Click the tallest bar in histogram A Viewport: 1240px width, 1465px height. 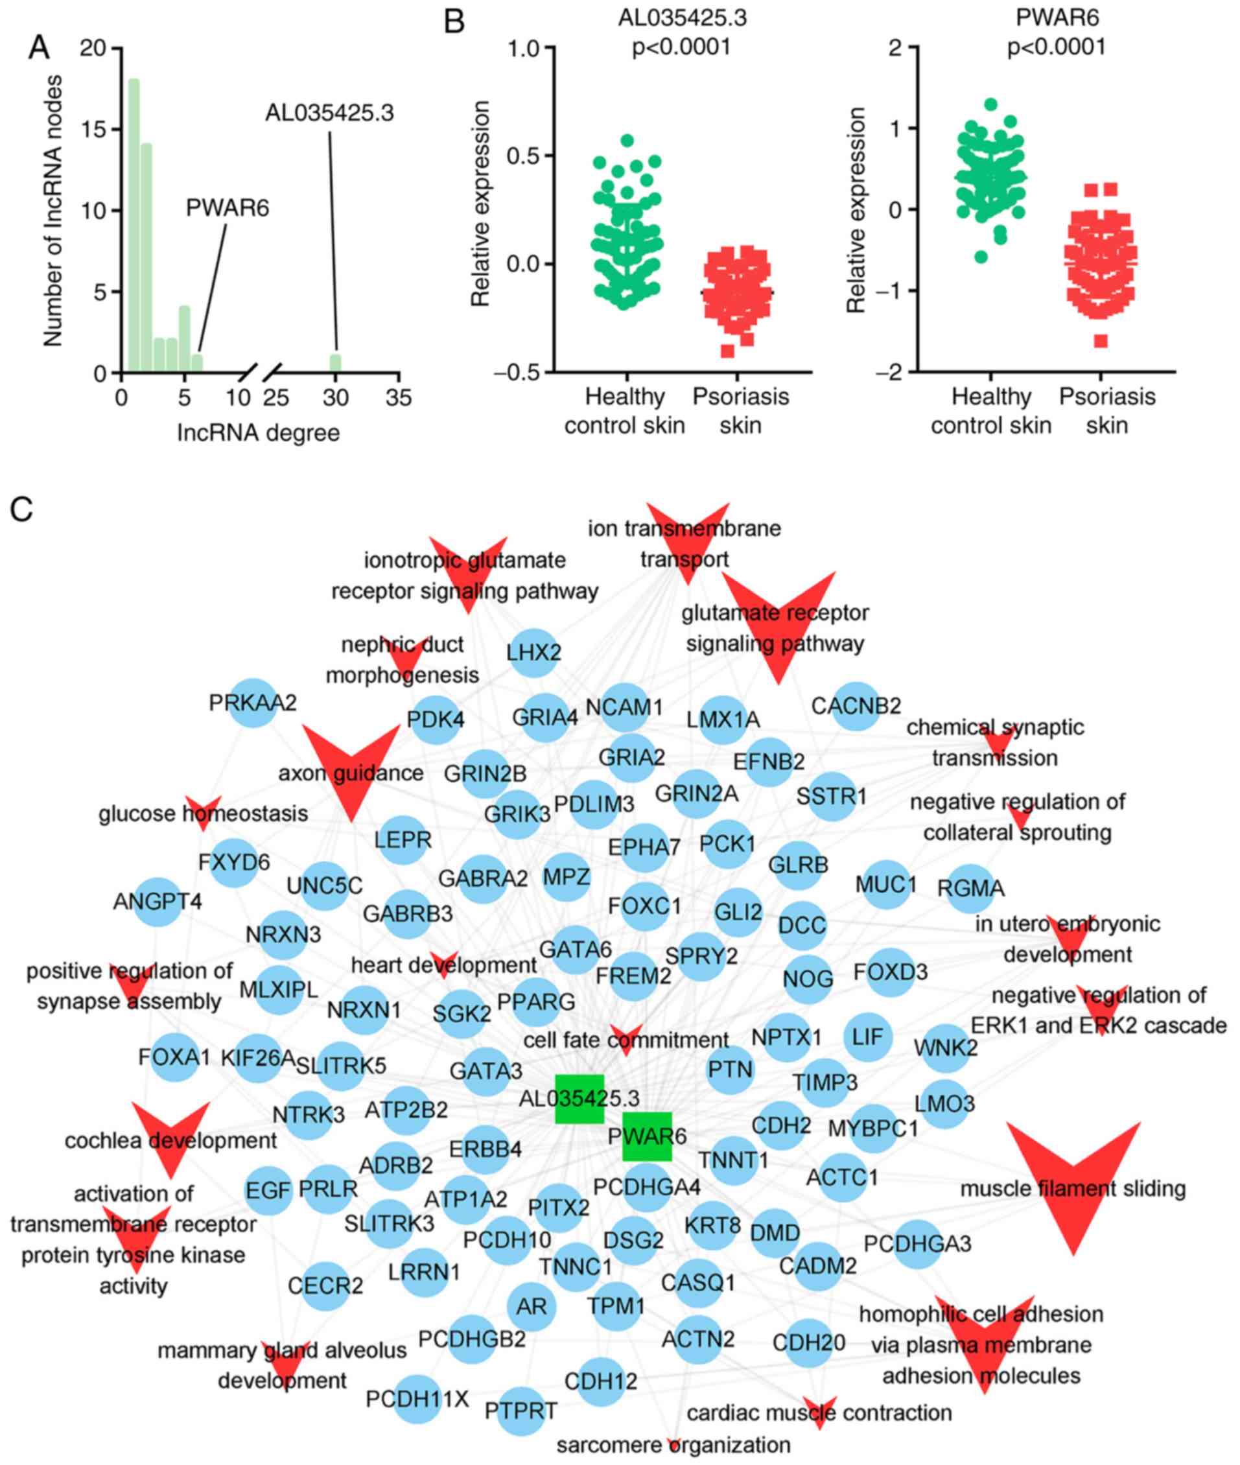click(134, 225)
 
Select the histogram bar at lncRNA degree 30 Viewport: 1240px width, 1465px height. click(335, 362)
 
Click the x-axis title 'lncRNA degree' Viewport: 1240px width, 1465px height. click(258, 433)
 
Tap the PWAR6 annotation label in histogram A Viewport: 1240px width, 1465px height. click(227, 208)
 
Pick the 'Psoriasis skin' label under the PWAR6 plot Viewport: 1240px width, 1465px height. click(1107, 410)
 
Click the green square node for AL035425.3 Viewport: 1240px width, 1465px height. click(579, 1099)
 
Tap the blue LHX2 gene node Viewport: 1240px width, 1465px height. click(534, 652)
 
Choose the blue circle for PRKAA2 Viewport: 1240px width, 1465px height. click(253, 702)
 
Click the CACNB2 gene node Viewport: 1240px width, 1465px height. click(856, 705)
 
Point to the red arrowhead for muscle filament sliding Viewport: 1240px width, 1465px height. click(1073, 1183)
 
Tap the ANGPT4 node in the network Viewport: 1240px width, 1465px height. click(158, 901)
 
